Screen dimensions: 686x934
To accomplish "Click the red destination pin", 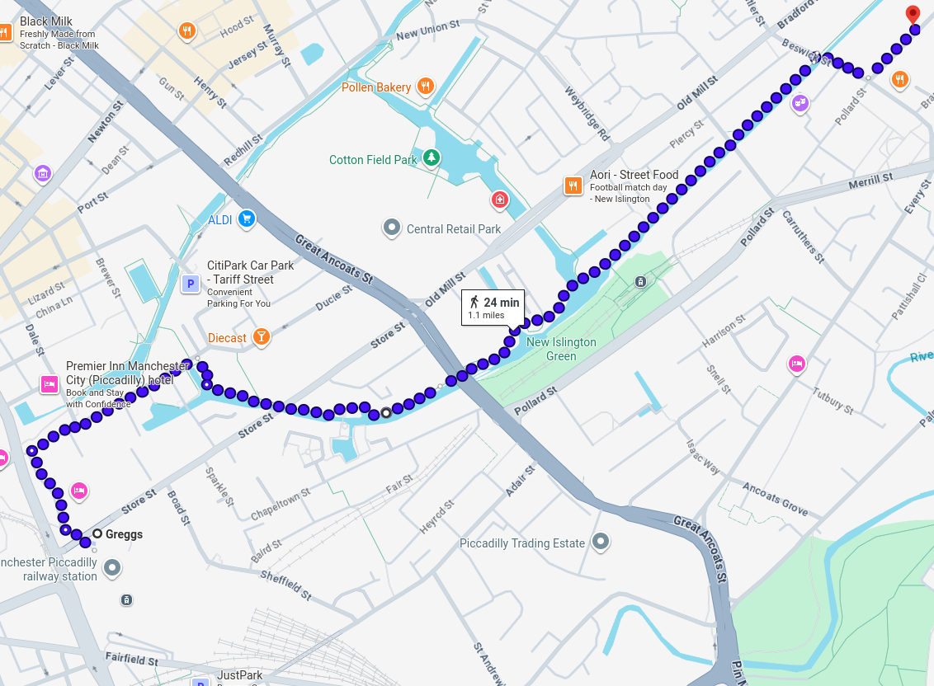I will pos(913,13).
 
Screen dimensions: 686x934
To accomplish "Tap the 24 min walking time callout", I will pos(493,308).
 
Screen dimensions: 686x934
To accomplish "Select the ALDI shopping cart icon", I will pos(245,219).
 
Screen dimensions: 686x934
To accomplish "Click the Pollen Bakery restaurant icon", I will pos(426,86).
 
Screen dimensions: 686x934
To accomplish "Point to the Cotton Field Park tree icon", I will pos(431,157).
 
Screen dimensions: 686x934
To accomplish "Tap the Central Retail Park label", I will pos(453,229).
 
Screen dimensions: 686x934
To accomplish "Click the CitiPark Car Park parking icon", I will pos(191,284).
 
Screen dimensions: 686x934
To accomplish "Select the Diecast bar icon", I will pos(262,336).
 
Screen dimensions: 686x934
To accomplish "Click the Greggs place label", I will pos(124,534).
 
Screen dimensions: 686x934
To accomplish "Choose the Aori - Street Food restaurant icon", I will pos(573,186).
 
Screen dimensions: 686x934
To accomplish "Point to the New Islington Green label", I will pos(561,349).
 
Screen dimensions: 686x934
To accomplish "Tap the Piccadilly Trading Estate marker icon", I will pos(601,542).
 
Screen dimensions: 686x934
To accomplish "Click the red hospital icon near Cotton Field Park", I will pos(499,200).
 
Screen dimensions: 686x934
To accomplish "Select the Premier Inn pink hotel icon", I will pos(50,384).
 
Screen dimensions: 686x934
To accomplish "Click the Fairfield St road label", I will pos(131,660).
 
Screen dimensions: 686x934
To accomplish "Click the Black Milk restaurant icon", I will pos(4,33).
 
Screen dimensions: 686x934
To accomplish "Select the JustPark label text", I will pos(239,675).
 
